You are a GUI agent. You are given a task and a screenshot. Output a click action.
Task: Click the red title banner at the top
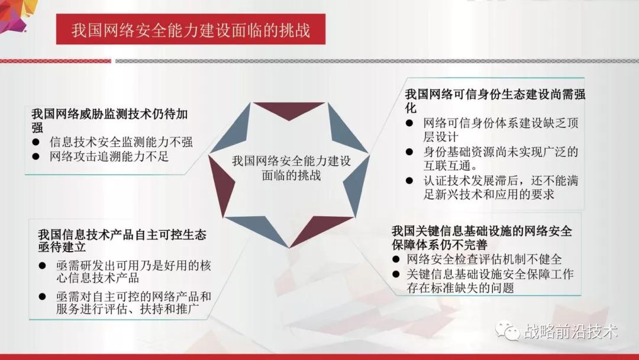pos(191,30)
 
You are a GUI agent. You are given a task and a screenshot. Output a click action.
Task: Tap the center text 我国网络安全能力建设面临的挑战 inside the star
pos(291,168)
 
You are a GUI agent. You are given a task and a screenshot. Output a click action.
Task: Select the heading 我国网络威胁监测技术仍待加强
pos(110,120)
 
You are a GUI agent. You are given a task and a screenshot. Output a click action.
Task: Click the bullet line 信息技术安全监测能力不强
pos(121,142)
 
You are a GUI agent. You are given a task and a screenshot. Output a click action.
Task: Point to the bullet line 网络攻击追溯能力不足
pos(109,156)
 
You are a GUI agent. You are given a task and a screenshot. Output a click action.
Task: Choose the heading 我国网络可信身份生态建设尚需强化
pos(495,101)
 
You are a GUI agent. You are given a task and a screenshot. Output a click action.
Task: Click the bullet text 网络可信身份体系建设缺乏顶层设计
pos(501,130)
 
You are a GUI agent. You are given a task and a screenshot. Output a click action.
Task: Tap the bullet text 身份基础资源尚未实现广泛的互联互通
pos(501,159)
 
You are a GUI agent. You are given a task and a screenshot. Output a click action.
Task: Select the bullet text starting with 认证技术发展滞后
pos(501,187)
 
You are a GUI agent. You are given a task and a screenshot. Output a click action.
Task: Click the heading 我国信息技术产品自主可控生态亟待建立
pos(122,240)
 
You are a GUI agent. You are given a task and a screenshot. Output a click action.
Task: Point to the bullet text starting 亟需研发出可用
pos(134,272)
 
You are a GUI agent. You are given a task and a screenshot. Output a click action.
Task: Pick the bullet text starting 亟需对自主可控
pos(134,303)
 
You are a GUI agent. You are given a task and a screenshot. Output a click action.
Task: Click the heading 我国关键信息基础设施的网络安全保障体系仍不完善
pos(482,237)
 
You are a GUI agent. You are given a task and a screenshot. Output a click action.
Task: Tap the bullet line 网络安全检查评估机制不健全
pos(484,259)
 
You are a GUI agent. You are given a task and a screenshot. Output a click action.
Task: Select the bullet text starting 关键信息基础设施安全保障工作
pos(490,281)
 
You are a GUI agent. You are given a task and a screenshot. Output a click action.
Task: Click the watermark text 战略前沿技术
pos(571,332)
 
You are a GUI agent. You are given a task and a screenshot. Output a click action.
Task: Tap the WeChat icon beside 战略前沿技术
pos(508,330)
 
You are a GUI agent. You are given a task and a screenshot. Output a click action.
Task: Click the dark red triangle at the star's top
pos(289,110)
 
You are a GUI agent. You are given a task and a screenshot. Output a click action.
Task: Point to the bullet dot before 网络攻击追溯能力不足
pos(36,156)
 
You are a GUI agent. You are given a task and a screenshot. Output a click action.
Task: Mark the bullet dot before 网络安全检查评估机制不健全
pos(395,259)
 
